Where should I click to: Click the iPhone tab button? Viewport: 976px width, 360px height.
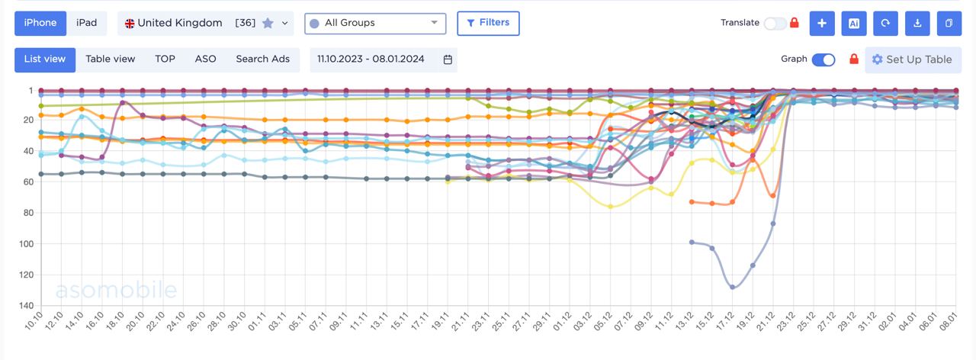point(40,23)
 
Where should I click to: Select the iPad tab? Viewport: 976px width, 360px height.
point(87,23)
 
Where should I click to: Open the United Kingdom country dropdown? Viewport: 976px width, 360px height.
point(205,24)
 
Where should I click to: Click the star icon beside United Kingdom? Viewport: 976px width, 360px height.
point(268,24)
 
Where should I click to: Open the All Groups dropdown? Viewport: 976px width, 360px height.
point(375,23)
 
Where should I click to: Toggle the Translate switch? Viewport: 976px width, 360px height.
point(775,23)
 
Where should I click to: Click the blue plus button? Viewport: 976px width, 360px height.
point(822,24)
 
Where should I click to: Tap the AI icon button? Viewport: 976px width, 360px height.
point(854,24)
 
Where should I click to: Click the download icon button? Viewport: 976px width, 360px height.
point(917,24)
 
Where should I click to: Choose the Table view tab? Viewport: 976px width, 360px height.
point(110,59)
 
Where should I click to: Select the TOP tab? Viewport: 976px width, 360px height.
point(165,59)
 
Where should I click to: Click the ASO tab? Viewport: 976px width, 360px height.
point(205,59)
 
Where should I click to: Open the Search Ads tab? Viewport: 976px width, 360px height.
point(262,59)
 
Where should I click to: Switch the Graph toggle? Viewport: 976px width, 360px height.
point(823,59)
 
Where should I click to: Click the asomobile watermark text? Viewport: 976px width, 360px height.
point(116,290)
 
